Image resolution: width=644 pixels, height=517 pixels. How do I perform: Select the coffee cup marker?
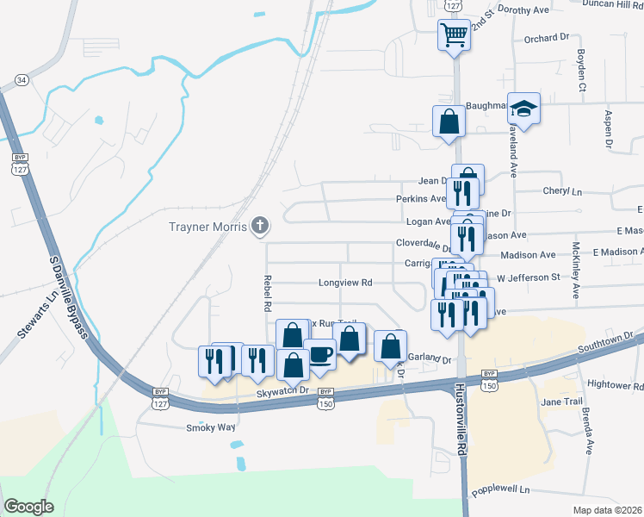point(320,356)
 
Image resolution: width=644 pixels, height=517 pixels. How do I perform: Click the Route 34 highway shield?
point(22,80)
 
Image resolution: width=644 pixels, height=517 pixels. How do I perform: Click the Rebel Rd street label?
point(267,294)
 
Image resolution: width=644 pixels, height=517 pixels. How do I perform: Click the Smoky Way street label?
point(211,427)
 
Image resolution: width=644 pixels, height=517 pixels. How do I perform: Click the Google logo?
point(28,506)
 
